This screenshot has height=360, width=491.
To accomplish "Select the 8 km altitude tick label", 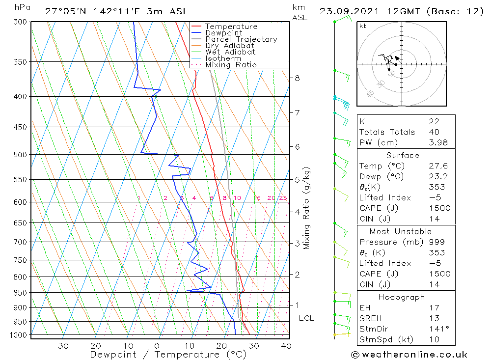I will (298, 78).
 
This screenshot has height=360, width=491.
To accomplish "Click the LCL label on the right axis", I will (306, 318).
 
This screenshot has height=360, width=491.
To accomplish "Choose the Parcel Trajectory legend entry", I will (241, 39).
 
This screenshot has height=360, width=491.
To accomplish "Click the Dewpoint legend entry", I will (223, 33).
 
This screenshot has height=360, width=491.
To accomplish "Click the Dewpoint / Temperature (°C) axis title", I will (168, 355).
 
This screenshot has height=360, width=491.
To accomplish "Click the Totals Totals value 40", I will (434, 132).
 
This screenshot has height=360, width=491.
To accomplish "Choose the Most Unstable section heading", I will (401, 231).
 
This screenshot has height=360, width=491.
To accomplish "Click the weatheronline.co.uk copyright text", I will (409, 355).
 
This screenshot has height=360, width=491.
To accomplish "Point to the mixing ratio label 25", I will (283, 198).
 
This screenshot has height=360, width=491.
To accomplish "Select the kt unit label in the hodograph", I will (363, 26).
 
